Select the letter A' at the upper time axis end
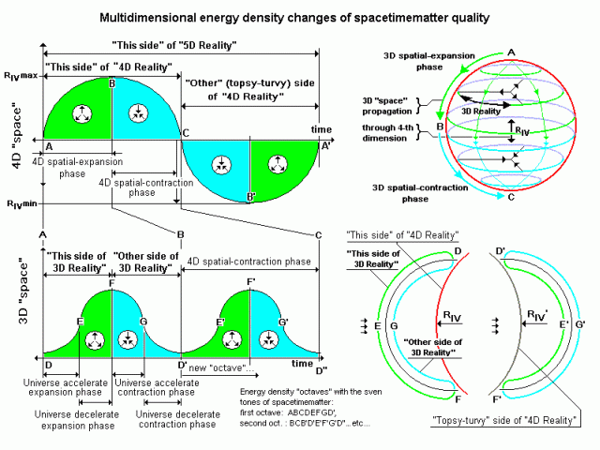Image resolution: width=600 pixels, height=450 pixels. pyautogui.click(x=326, y=146)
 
